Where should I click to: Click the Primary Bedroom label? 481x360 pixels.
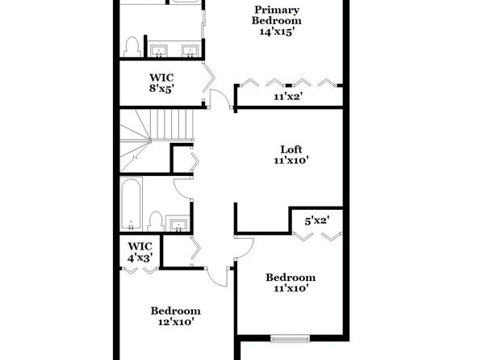[x=277, y=15]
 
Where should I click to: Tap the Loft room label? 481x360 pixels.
[x=291, y=149]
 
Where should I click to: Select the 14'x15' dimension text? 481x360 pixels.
[x=277, y=31]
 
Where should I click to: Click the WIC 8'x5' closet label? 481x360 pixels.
[x=161, y=83]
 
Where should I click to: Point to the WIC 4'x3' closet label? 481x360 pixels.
[x=140, y=252]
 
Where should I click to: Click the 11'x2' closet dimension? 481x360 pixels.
[x=288, y=97]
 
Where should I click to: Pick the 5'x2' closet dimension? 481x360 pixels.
[x=317, y=220]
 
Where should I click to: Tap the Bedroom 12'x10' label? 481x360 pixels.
[x=176, y=316]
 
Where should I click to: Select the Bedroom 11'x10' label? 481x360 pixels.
[x=291, y=283]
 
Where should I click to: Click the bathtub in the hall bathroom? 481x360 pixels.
[x=131, y=203]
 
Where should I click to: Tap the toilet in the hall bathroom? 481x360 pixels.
[x=156, y=222]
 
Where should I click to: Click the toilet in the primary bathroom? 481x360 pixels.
[x=132, y=47]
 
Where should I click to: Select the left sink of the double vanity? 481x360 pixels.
[x=159, y=51]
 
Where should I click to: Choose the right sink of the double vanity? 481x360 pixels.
[x=190, y=51]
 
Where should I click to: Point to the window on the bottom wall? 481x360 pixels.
[x=291, y=339]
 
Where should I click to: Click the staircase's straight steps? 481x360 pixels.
[x=172, y=124]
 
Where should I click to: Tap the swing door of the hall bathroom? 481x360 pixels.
[x=183, y=188]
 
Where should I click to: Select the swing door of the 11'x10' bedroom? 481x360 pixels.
[x=245, y=248]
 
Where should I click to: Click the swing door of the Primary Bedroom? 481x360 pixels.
[x=221, y=98]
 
